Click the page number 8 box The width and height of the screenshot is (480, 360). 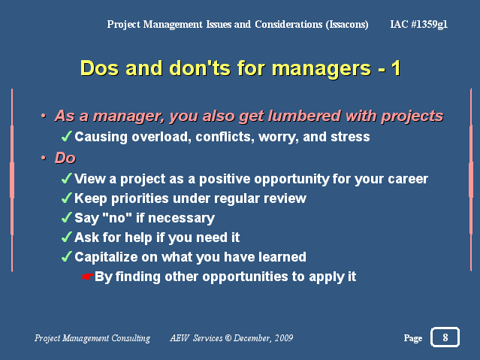point(445,337)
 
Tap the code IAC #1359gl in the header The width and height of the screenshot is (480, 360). point(418,24)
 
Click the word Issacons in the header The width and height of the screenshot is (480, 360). point(347,24)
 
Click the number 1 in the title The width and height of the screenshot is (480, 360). point(396,68)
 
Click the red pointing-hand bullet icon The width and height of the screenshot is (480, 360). point(88,277)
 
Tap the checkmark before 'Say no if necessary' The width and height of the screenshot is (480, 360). point(67,218)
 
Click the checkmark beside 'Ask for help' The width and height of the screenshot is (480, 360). point(67,237)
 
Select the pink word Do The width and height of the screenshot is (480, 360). point(65,158)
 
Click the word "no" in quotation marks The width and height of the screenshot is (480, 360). point(117,217)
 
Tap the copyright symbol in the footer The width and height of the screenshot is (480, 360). point(228,338)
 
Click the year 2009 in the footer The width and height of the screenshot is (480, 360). point(284,338)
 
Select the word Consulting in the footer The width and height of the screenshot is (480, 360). point(131,338)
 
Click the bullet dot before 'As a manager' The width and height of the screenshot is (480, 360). point(44,116)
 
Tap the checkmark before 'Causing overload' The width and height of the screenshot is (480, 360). point(67,136)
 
